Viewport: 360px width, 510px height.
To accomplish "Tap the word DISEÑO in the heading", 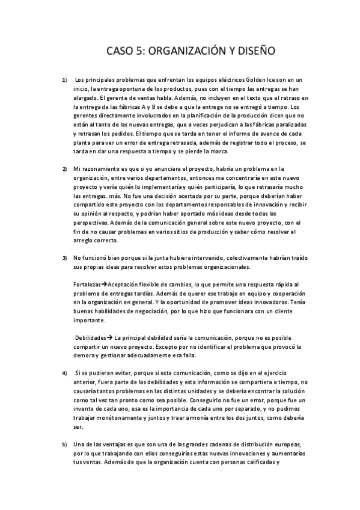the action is tap(254, 51).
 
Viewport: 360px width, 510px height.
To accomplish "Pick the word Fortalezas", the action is tap(85, 284).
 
